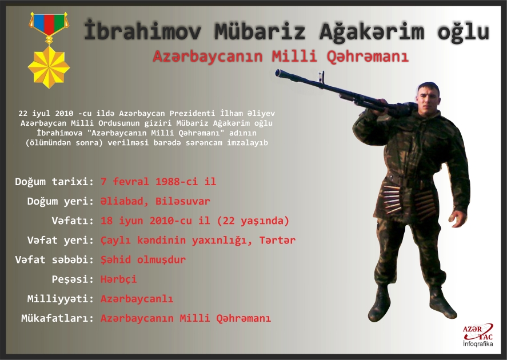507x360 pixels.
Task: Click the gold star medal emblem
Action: [x=49, y=66]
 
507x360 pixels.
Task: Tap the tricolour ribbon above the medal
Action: [x=49, y=23]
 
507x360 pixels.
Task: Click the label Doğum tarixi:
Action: [x=54, y=182]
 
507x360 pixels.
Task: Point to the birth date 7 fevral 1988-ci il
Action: [x=158, y=182]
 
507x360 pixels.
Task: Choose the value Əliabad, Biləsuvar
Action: [x=155, y=201]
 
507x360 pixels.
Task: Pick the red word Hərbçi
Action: [x=119, y=279]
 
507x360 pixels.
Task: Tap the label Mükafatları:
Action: [x=57, y=318]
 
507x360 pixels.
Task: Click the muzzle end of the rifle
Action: [x=278, y=73]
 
